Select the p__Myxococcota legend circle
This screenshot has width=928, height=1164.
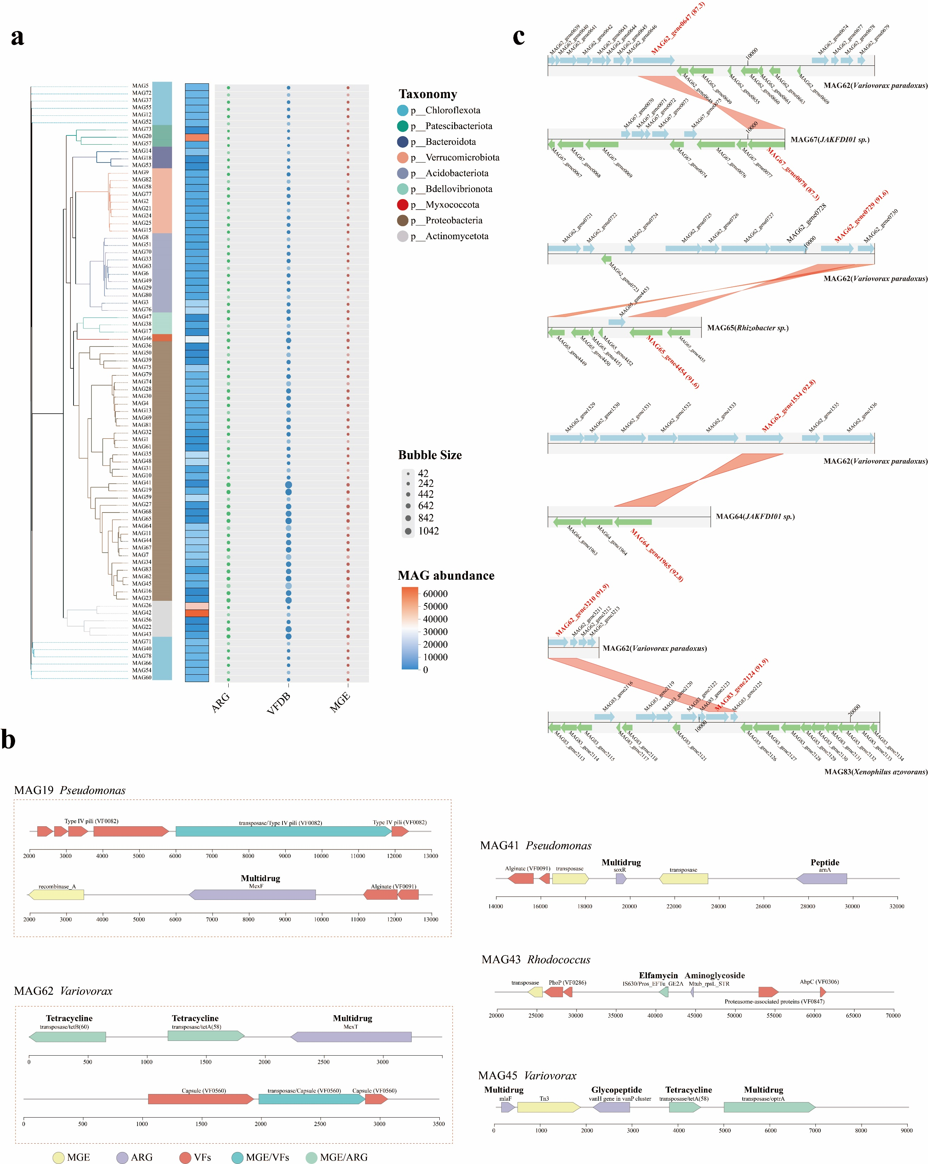(403, 205)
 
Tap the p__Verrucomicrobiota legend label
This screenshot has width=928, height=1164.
(462, 158)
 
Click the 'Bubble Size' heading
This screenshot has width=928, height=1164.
(430, 455)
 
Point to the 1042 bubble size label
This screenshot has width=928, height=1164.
(428, 531)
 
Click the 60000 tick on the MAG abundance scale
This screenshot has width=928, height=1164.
(435, 594)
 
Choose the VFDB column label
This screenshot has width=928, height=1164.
(279, 703)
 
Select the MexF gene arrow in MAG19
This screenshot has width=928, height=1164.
(252, 895)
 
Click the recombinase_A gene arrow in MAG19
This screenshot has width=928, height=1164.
(57, 895)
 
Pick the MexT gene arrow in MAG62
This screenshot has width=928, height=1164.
(351, 1037)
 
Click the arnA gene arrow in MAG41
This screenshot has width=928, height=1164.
(822, 878)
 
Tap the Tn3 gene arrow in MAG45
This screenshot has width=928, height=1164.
(548, 1107)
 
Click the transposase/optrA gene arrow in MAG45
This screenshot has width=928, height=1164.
(769, 1107)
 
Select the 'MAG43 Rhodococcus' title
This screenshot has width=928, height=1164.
(535, 959)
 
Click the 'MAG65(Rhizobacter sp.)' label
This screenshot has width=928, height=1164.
(748, 328)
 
